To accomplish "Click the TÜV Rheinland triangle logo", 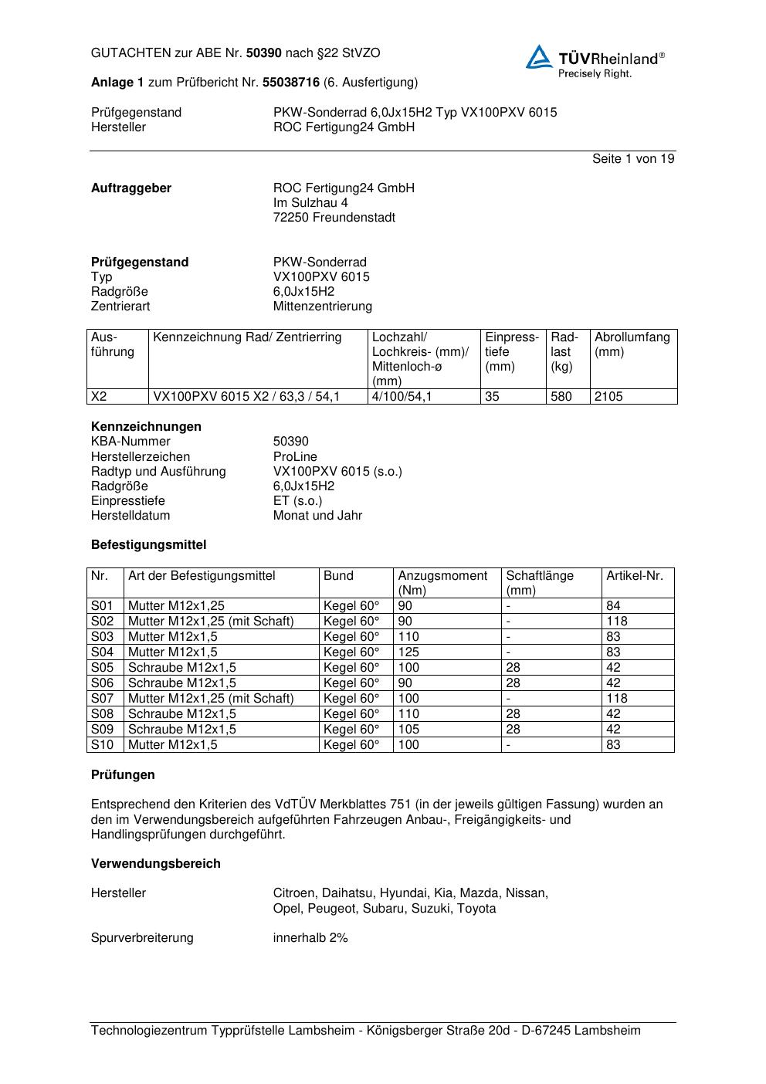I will (539, 58).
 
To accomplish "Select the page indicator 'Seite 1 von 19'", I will (633, 159).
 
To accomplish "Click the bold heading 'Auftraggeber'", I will (131, 188).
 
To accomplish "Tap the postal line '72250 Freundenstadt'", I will (334, 218).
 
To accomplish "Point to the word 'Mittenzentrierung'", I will (322, 307).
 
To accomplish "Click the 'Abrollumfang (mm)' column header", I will (632, 344).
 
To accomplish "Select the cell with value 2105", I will (608, 397).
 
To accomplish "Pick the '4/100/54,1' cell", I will (402, 397).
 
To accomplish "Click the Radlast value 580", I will (561, 397).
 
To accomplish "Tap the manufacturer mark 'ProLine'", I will (295, 457).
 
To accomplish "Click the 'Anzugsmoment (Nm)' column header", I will (442, 583).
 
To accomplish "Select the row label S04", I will (102, 652).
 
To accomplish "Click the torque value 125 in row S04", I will (408, 652).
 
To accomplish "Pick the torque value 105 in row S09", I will (408, 730).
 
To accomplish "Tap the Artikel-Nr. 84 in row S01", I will (613, 606).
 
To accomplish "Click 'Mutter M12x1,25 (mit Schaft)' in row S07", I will (211, 699).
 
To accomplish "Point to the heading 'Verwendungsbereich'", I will (155, 864).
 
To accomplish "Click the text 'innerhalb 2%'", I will (310, 938).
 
